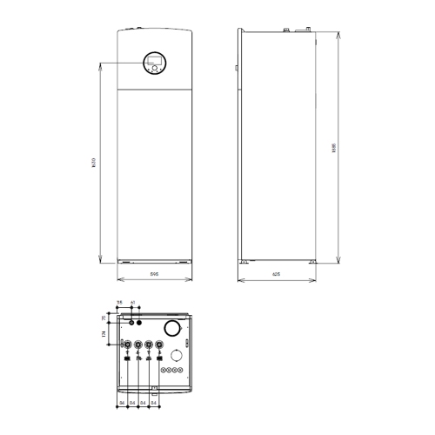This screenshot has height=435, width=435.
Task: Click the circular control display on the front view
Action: (154, 64)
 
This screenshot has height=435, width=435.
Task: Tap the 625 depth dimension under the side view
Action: (276, 275)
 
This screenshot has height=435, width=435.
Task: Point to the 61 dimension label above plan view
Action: (132, 304)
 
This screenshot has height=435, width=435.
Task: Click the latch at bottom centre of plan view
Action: (154, 388)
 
